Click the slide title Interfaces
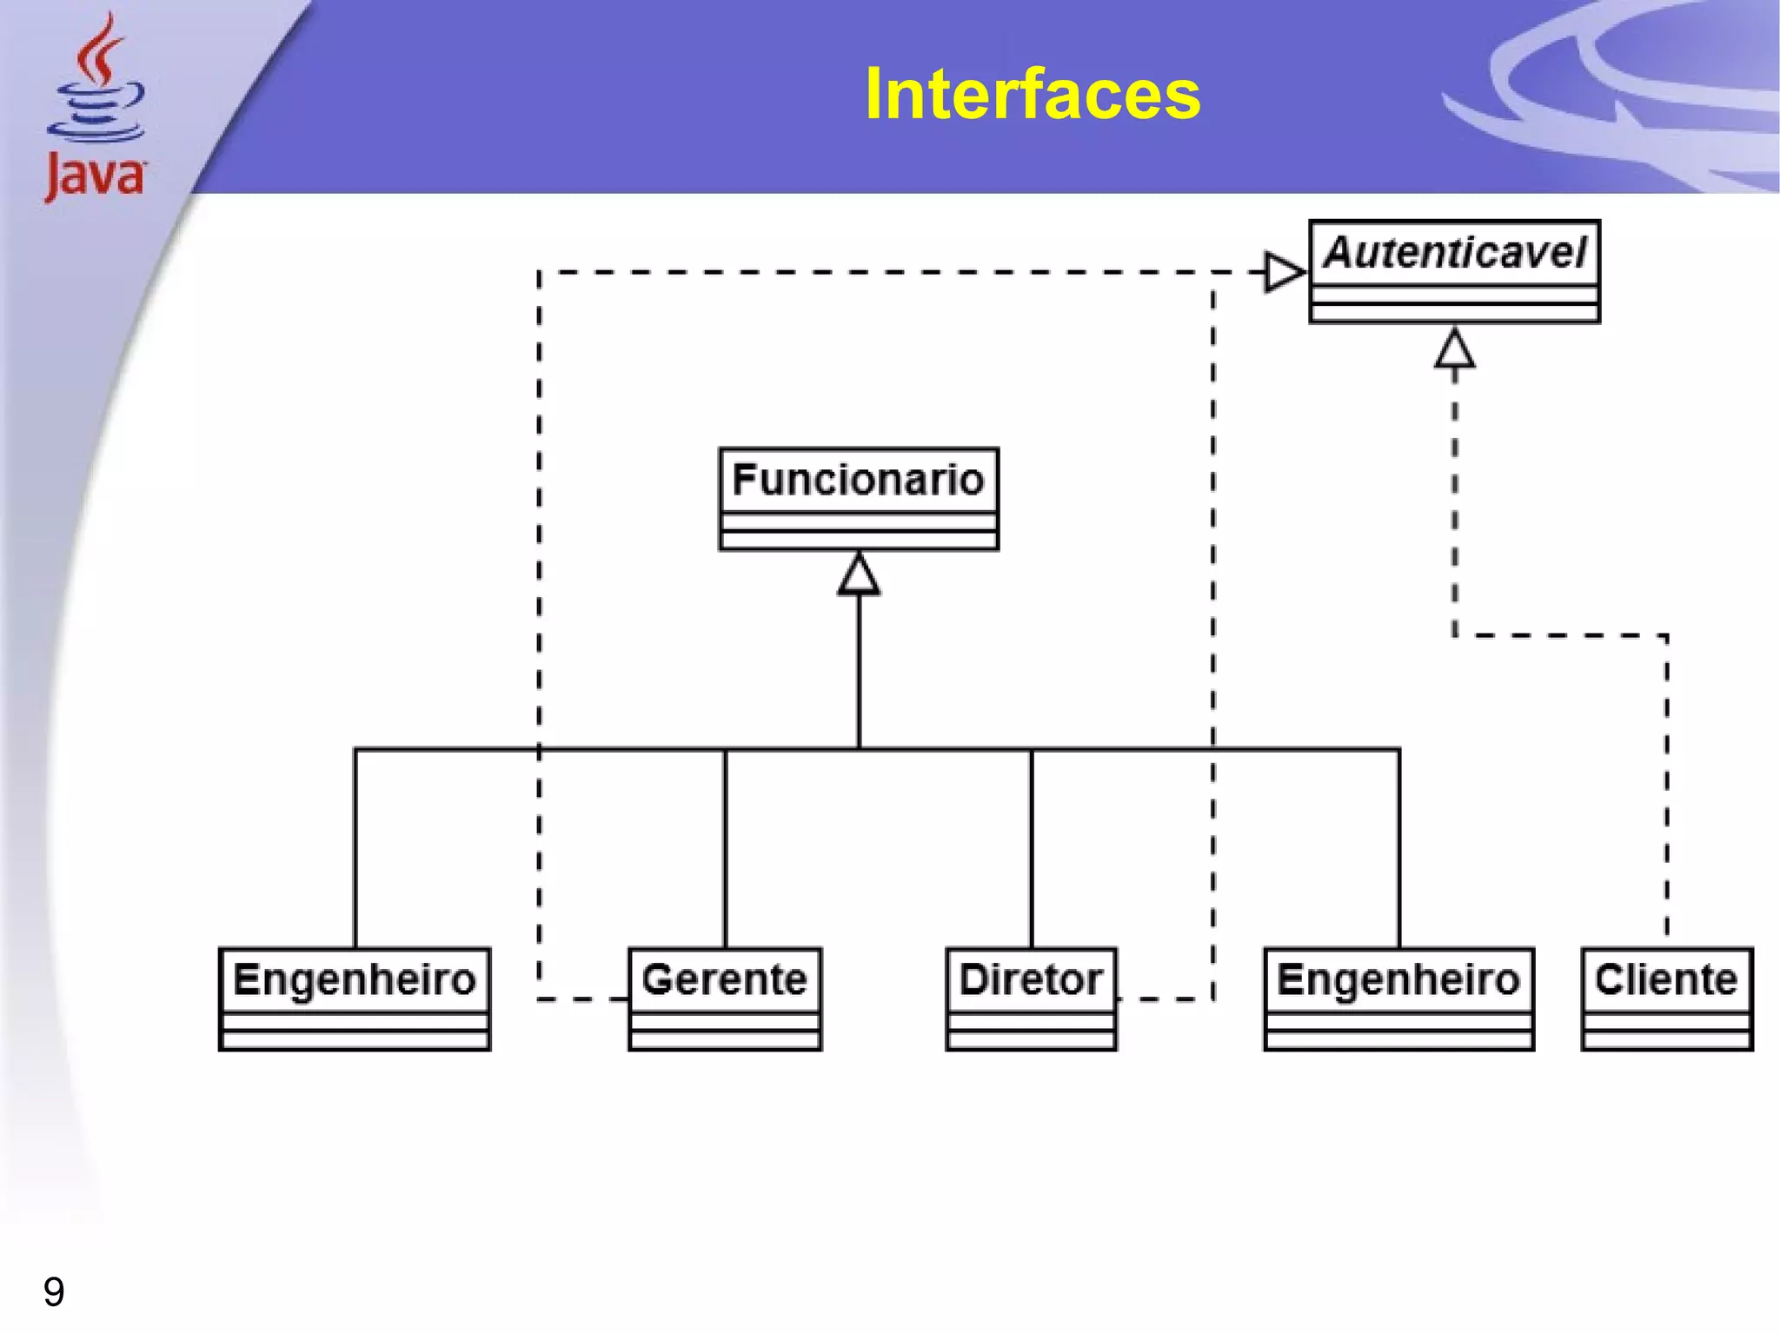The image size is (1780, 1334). tap(1032, 94)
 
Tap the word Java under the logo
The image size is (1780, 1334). tap(95, 176)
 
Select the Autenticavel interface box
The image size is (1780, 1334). tap(1454, 271)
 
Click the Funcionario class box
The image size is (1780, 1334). tap(859, 499)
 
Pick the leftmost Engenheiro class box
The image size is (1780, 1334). tap(355, 999)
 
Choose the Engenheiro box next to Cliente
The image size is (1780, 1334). tap(1398, 999)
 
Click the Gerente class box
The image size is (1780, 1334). tap(725, 999)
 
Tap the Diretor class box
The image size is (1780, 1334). tap(1031, 999)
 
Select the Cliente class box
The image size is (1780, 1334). tap(1666, 999)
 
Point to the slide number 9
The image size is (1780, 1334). tap(54, 1291)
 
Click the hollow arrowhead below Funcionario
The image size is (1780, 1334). tap(859, 575)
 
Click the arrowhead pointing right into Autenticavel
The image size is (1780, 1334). tap(1284, 272)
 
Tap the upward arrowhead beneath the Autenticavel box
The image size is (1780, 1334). tap(1454, 349)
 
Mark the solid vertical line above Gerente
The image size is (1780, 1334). tap(725, 847)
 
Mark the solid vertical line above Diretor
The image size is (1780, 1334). tap(1031, 847)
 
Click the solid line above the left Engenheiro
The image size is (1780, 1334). tap(355, 847)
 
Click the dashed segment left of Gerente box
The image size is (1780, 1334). tap(582, 999)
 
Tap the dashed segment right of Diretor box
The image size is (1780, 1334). tap(1165, 999)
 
